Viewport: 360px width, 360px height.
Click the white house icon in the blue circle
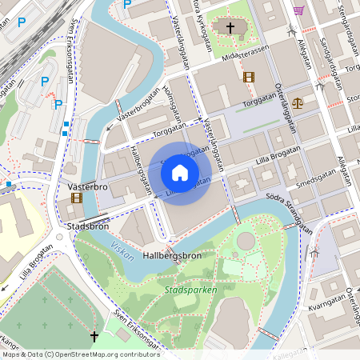[x=180, y=172]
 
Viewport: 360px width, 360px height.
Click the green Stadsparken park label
[x=190, y=290]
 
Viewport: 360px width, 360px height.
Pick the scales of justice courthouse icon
[x=298, y=102]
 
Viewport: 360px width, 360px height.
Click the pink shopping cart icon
[x=298, y=10]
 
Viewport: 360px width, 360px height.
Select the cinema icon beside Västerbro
[x=76, y=197]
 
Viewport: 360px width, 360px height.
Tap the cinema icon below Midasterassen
[x=248, y=78]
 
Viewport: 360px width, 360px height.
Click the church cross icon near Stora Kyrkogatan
[x=230, y=28]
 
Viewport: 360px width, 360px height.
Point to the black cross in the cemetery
[x=94, y=338]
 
